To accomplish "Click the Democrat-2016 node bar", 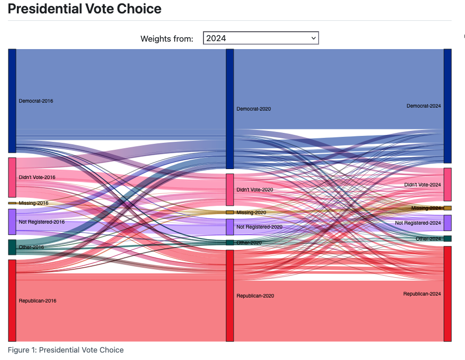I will click(12, 101).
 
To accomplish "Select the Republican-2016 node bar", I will click(12, 300).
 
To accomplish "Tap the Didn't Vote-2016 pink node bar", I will click(12, 177).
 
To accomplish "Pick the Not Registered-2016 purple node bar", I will click(12, 222).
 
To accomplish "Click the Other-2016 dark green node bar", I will click(12, 247).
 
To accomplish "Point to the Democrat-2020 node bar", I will click(230, 109).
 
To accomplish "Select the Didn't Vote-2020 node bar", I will click(230, 189).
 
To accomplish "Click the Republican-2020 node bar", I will click(230, 296).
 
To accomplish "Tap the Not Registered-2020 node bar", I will click(230, 227).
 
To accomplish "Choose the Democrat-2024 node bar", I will click(448, 106).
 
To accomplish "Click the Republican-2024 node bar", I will click(448, 294).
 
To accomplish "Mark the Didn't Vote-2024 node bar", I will click(448, 184).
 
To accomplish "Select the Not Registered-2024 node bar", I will click(448, 223).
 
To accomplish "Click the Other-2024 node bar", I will click(448, 239).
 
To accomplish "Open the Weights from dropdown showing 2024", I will click(261, 38).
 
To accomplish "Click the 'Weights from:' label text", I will click(167, 39).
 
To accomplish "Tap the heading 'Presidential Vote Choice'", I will click(84, 9).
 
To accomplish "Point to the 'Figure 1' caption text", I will click(66, 350).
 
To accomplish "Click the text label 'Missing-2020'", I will click(251, 212).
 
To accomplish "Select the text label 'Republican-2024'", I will click(422, 294).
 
